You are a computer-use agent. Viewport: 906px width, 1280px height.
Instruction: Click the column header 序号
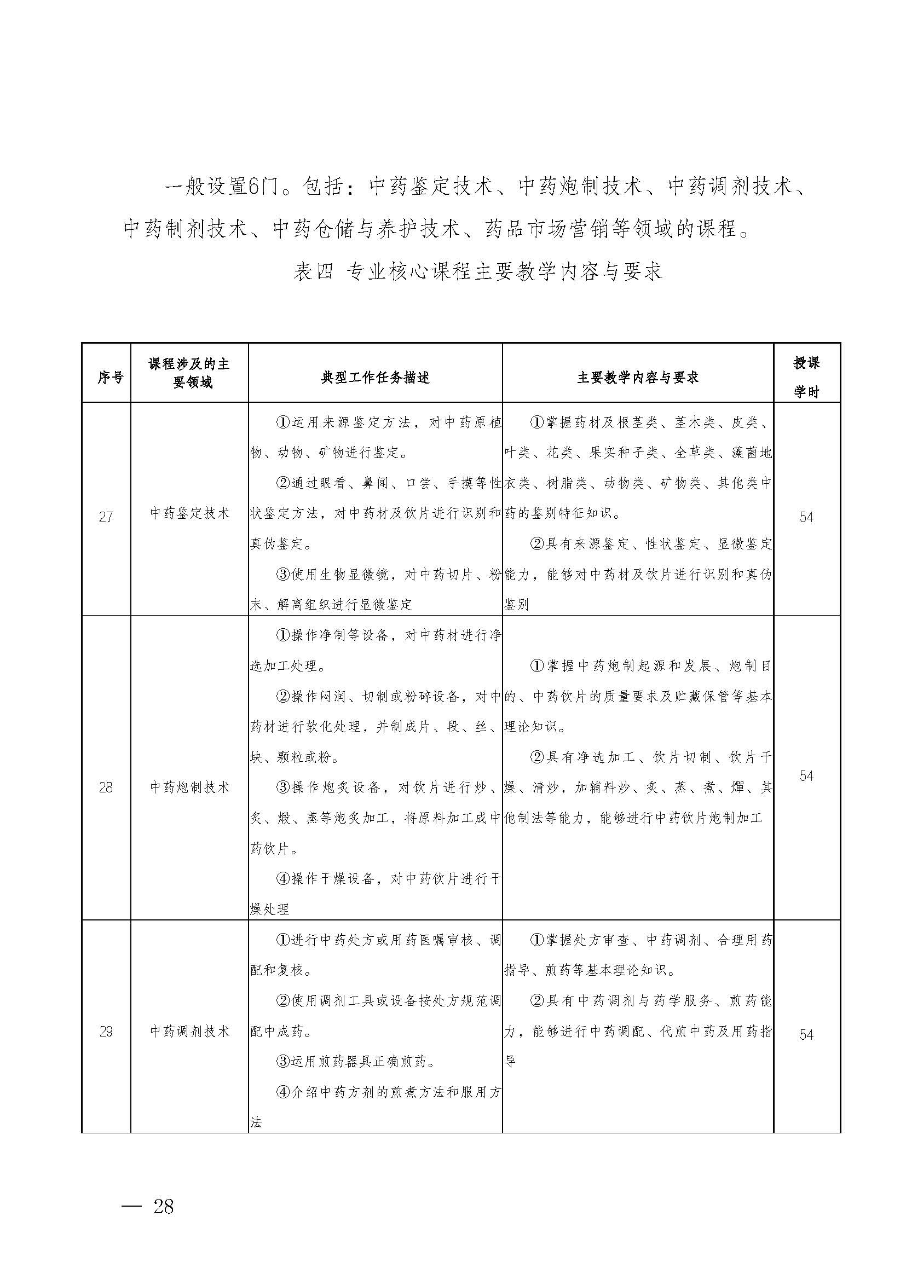tap(110, 378)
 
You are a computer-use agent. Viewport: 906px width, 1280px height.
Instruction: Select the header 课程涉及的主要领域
tap(189, 373)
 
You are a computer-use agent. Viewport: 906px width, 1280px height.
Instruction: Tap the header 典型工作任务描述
tap(375, 378)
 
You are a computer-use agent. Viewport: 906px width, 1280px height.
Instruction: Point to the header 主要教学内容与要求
tap(638, 378)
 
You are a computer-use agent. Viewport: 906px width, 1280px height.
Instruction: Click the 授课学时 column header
tap(806, 378)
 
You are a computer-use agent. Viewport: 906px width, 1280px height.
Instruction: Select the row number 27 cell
tap(106, 517)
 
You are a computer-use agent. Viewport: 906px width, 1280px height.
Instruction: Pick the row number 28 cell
tap(106, 787)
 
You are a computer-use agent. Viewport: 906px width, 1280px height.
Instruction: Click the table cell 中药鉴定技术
tap(189, 513)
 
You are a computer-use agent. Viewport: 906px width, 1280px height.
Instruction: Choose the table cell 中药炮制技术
tap(189, 787)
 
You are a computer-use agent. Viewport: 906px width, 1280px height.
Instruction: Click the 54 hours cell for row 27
tap(806, 517)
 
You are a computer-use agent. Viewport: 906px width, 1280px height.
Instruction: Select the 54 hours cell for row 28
tap(806, 776)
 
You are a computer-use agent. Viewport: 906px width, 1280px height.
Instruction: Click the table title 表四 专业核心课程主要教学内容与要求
tap(477, 271)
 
